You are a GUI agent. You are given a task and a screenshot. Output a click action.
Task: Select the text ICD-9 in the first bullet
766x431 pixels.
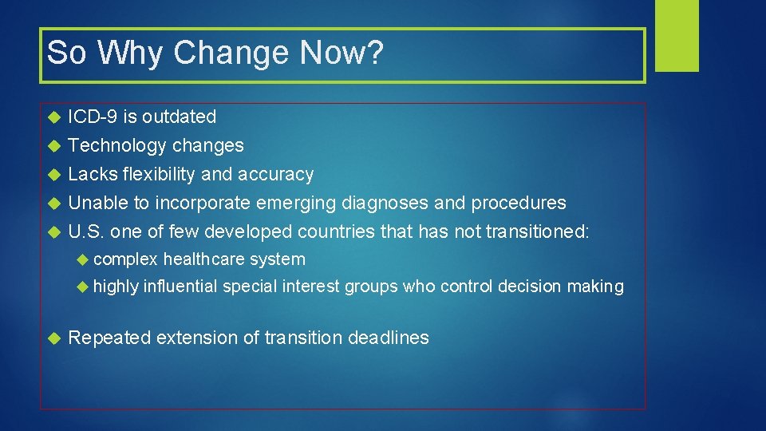pyautogui.click(x=93, y=117)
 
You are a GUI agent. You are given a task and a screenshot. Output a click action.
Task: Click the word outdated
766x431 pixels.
pyautogui.click(x=180, y=117)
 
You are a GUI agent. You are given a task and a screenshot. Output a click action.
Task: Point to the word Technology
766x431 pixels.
pyautogui.click(x=117, y=146)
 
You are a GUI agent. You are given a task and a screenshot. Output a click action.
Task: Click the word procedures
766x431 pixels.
pyautogui.click(x=518, y=204)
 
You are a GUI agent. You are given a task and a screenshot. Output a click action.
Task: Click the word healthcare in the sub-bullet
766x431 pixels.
pyautogui.click(x=204, y=259)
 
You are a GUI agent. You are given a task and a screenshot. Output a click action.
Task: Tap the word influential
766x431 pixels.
pyautogui.click(x=180, y=287)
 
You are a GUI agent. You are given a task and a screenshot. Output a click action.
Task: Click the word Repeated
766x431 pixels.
pyautogui.click(x=109, y=338)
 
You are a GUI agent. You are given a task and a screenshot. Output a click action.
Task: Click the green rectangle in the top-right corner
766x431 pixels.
pyautogui.click(x=677, y=35)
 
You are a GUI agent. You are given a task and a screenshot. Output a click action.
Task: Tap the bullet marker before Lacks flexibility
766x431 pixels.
pyautogui.click(x=54, y=175)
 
